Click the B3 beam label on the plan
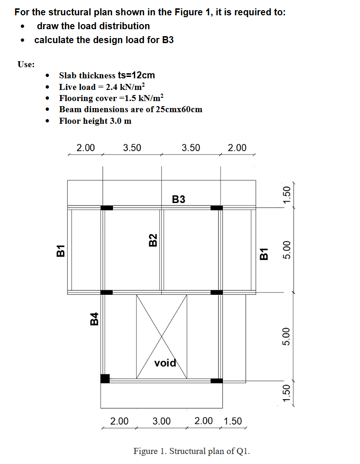coord(178,199)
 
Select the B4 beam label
coord(94,318)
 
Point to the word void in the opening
coord(165,363)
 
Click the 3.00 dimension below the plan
coord(162,421)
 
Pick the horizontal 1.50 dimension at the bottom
coord(233,421)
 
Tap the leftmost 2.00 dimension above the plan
coord(86,148)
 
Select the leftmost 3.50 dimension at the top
coord(132,148)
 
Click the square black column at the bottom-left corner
coord(105,379)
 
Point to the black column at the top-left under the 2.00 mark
coord(107,208)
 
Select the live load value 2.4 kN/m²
coord(125,87)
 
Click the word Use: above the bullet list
coord(25,64)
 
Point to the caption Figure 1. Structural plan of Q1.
coord(192,451)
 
